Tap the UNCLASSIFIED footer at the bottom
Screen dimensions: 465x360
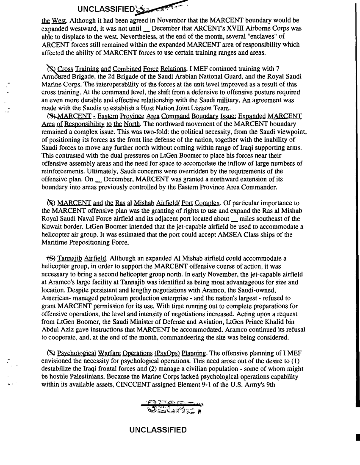(x=158, y=430)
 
